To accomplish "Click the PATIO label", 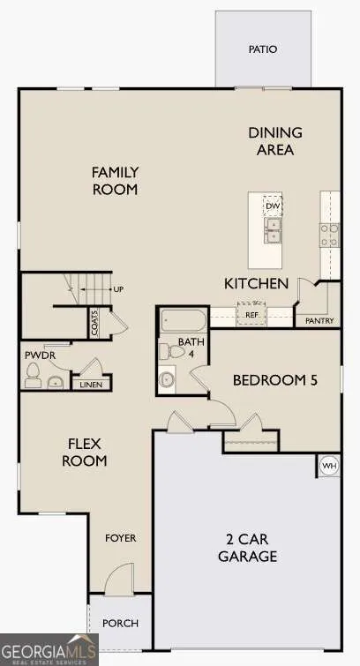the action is tap(263, 49).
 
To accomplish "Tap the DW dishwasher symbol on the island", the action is tap(272, 206).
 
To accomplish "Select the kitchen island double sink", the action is tap(273, 230).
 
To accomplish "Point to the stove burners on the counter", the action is tap(330, 235).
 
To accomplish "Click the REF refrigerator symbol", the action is tap(251, 314).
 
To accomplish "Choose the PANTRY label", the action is tap(319, 321).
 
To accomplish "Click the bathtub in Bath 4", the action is tap(184, 321).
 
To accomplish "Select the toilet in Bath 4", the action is tap(171, 352).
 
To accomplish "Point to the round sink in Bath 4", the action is tap(168, 379).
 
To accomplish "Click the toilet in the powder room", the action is tap(33, 376).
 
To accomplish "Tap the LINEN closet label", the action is tap(91, 385).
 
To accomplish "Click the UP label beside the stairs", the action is tap(118, 289).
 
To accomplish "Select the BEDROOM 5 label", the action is tap(275, 380).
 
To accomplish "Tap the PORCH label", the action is tap(120, 623).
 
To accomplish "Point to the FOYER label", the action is tap(121, 538).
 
